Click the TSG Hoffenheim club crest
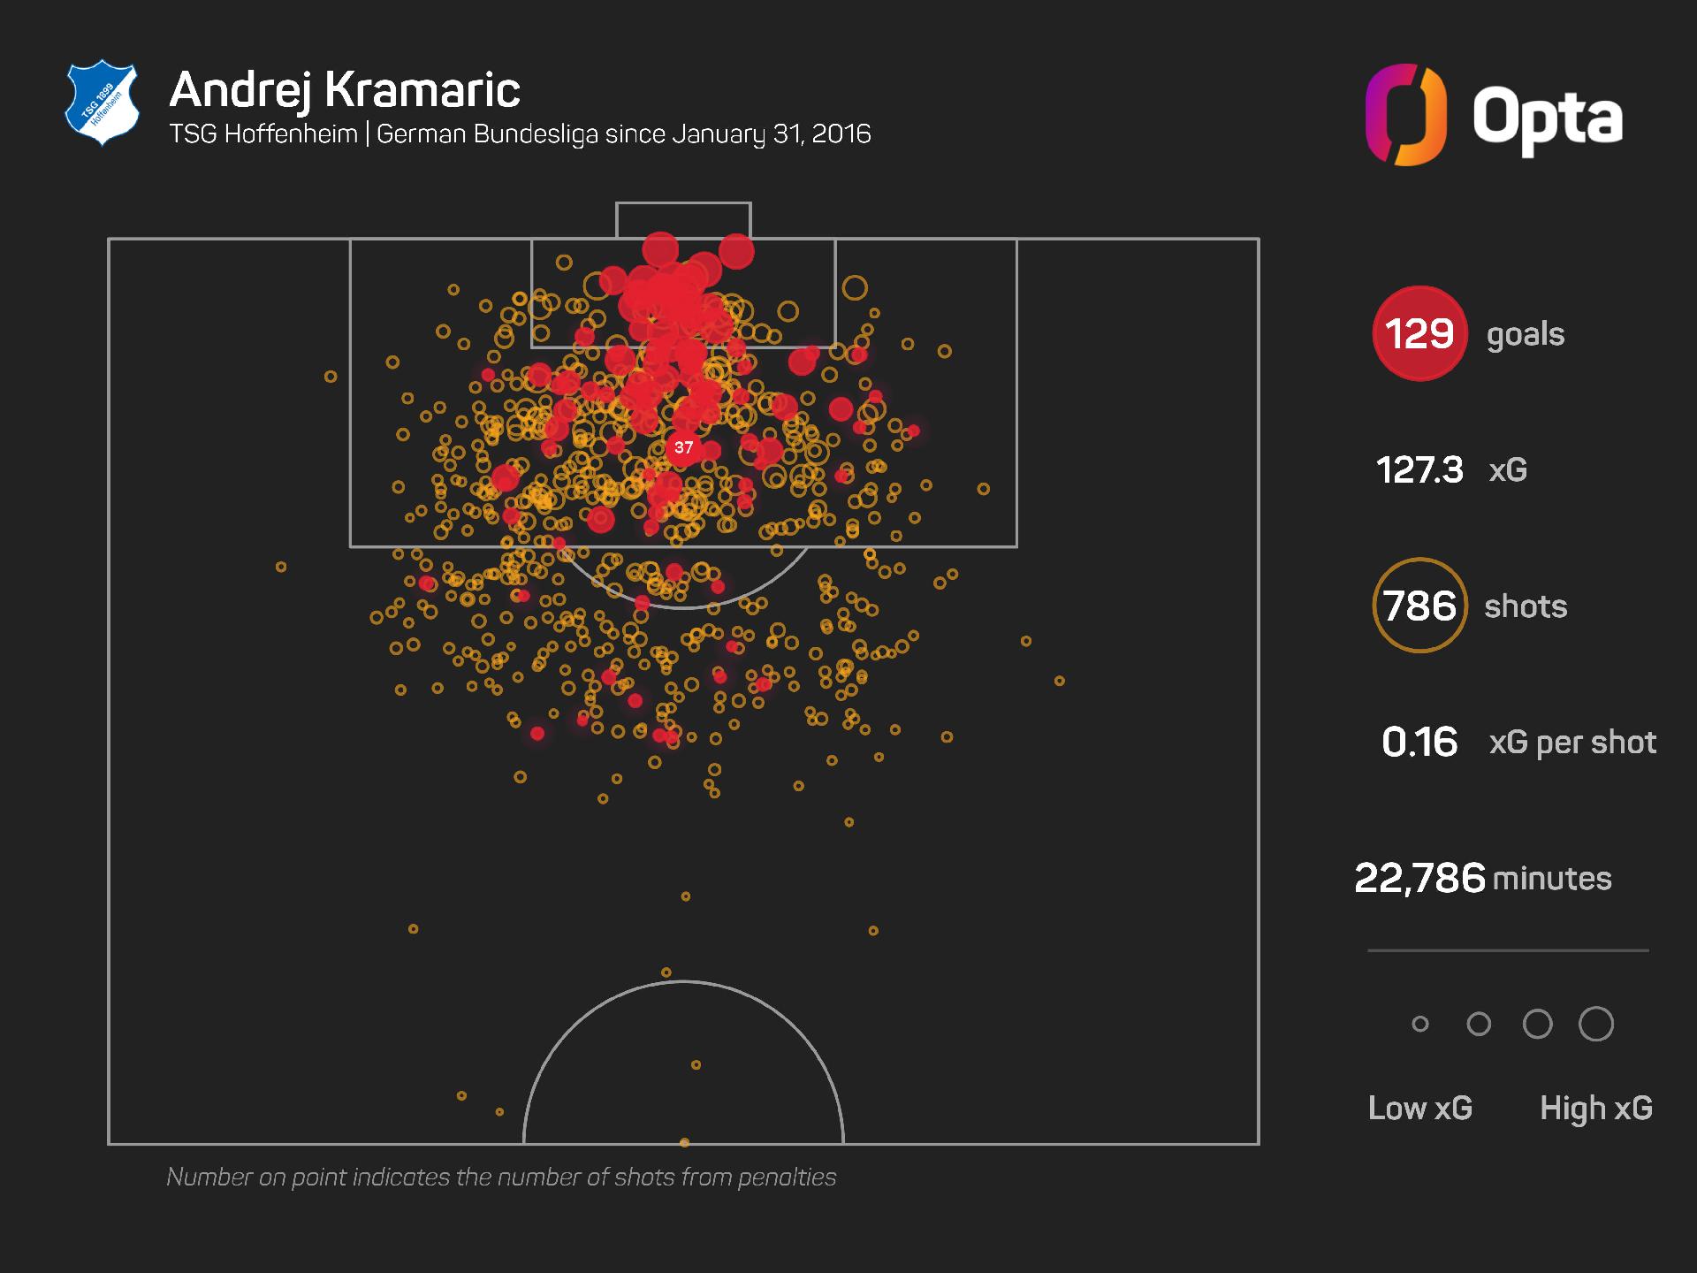(x=103, y=103)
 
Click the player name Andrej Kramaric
(x=345, y=90)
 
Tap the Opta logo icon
(x=1405, y=115)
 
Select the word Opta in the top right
(x=1548, y=118)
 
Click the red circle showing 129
(x=1419, y=333)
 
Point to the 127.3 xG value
(x=1419, y=469)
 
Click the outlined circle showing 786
(x=1419, y=606)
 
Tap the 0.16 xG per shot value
(x=1419, y=742)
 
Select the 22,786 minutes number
(x=1419, y=878)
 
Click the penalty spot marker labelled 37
(x=683, y=447)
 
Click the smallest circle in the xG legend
(x=1420, y=1024)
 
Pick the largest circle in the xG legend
(x=1596, y=1024)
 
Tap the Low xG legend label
(x=1420, y=1108)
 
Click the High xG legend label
(x=1596, y=1108)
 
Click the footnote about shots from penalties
(x=501, y=1177)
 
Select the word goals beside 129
(x=1526, y=334)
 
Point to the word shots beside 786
(x=1526, y=606)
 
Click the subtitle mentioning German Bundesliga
(x=520, y=133)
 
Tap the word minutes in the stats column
(x=1552, y=879)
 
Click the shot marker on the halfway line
(x=684, y=1143)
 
